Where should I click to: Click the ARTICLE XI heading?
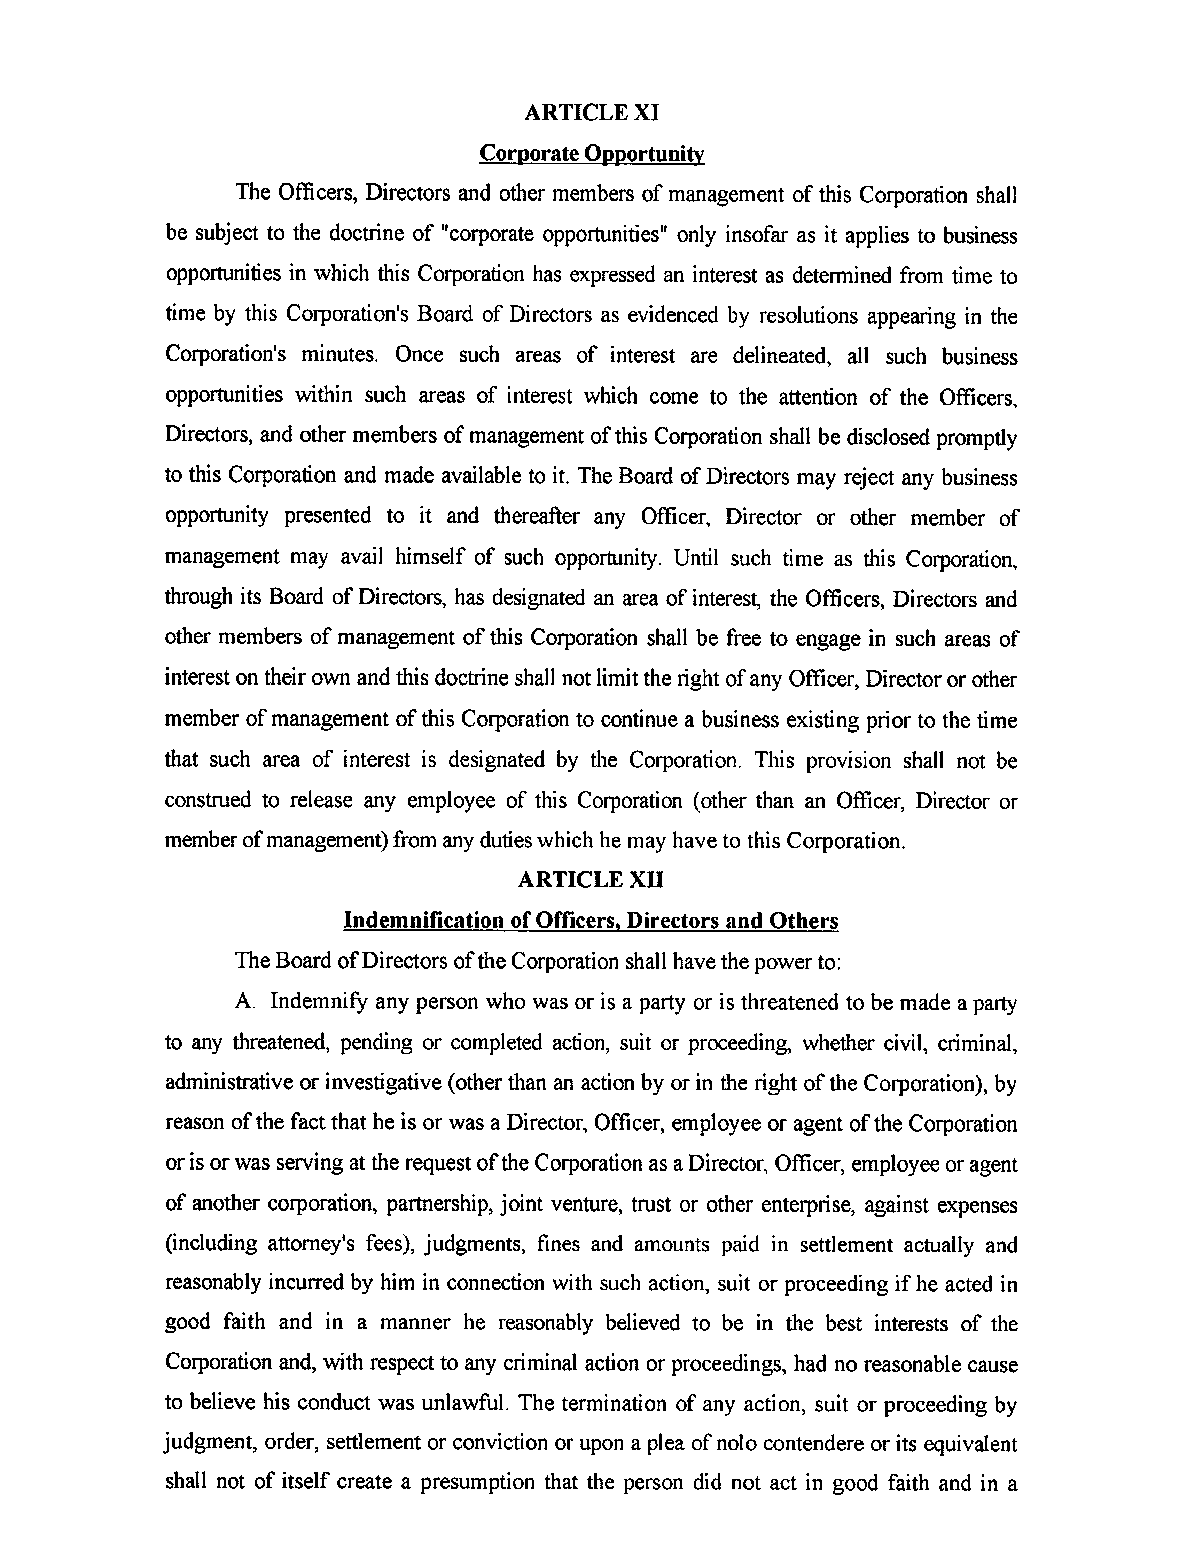(x=592, y=112)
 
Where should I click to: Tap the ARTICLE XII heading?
(x=590, y=879)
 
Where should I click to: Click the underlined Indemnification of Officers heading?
(x=590, y=920)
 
